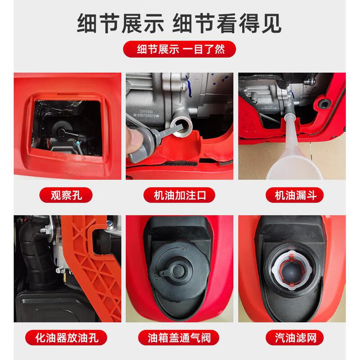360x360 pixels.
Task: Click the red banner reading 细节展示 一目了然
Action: pos(180,48)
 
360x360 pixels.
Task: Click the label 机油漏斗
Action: pos(292,195)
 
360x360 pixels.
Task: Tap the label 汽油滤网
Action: pos(292,337)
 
